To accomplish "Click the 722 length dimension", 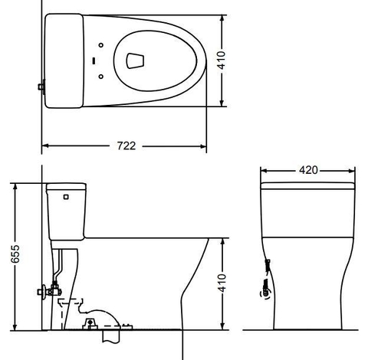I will (x=127, y=146).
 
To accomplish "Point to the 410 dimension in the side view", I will (x=222, y=283).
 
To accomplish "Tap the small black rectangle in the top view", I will (x=94, y=59).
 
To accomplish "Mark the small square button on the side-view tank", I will (x=65, y=197).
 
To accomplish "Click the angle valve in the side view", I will (x=48, y=291).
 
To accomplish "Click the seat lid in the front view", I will (x=307, y=185).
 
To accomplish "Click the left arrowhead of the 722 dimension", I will (x=44, y=146).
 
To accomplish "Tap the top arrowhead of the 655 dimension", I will (x=15, y=185).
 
